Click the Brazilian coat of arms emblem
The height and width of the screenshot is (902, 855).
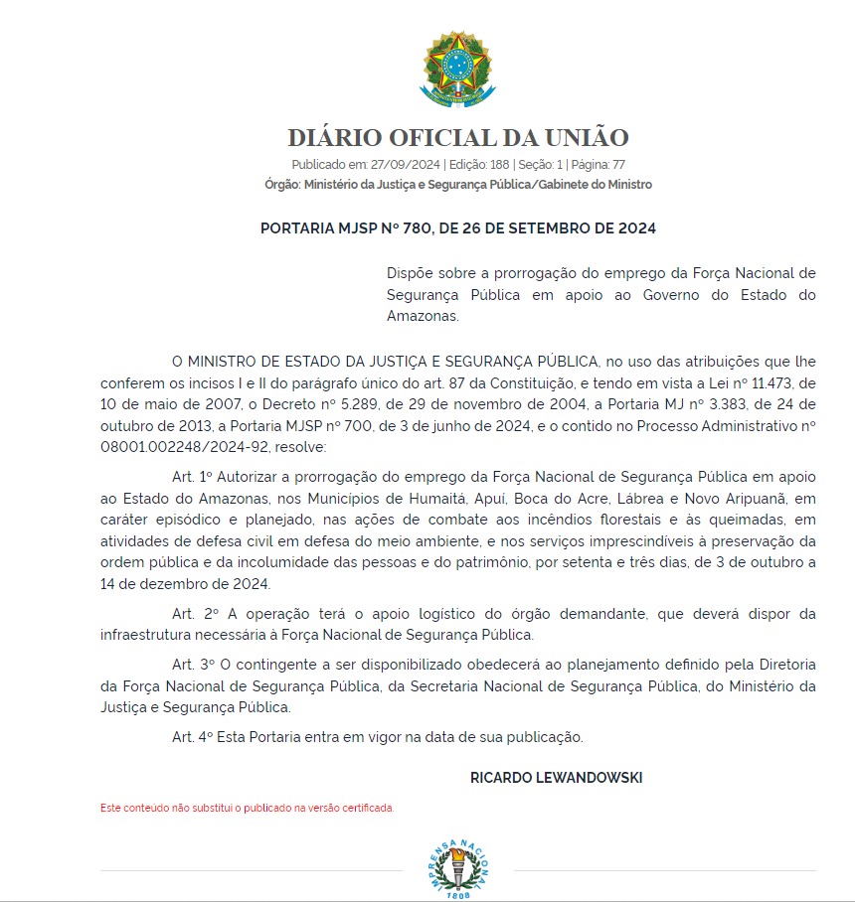[457, 70]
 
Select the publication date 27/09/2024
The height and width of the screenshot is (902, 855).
[406, 165]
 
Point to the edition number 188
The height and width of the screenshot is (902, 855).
[499, 165]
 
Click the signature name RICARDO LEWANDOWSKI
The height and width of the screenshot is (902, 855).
[556, 778]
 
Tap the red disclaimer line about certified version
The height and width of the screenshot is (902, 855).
[248, 808]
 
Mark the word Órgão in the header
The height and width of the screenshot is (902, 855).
[282, 185]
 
